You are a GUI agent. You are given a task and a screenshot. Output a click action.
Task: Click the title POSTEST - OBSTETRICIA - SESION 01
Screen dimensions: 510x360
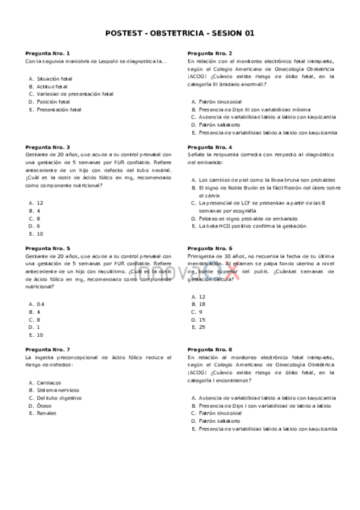(180, 33)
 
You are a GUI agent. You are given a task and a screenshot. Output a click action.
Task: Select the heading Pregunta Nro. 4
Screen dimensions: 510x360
(210, 147)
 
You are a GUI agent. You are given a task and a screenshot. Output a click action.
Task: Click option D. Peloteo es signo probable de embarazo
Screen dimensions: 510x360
(248, 218)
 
